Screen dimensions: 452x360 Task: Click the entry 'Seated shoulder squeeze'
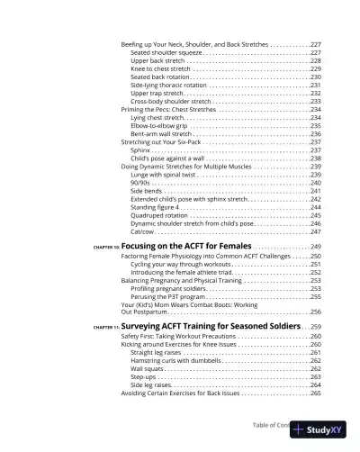166,52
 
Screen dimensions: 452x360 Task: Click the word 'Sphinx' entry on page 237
140,150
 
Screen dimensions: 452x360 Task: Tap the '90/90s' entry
140,183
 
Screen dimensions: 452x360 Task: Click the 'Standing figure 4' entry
157,207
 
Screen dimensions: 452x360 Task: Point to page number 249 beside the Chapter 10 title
315,247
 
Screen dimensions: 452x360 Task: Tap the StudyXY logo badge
317,430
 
